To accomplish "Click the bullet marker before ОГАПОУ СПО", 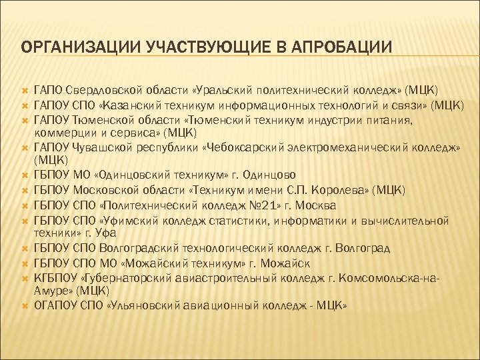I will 23,307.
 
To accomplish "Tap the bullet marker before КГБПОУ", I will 23,279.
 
